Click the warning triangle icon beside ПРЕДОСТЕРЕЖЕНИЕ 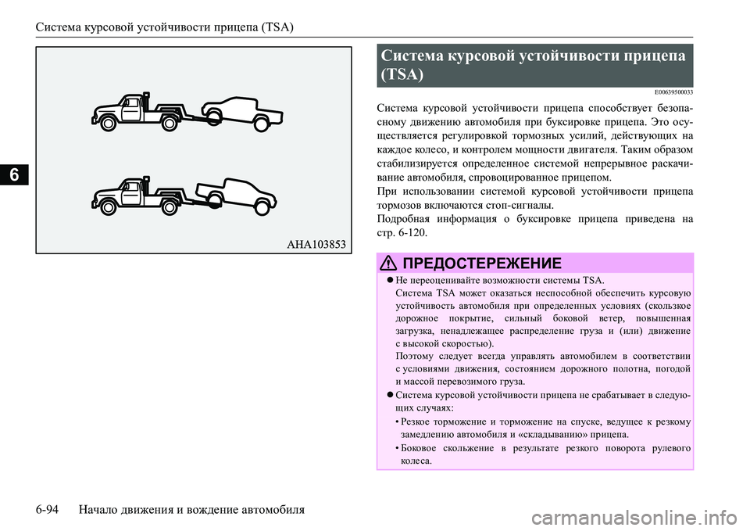pyautogui.click(x=389, y=262)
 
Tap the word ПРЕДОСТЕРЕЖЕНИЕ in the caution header pyautogui.click(x=480, y=262)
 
